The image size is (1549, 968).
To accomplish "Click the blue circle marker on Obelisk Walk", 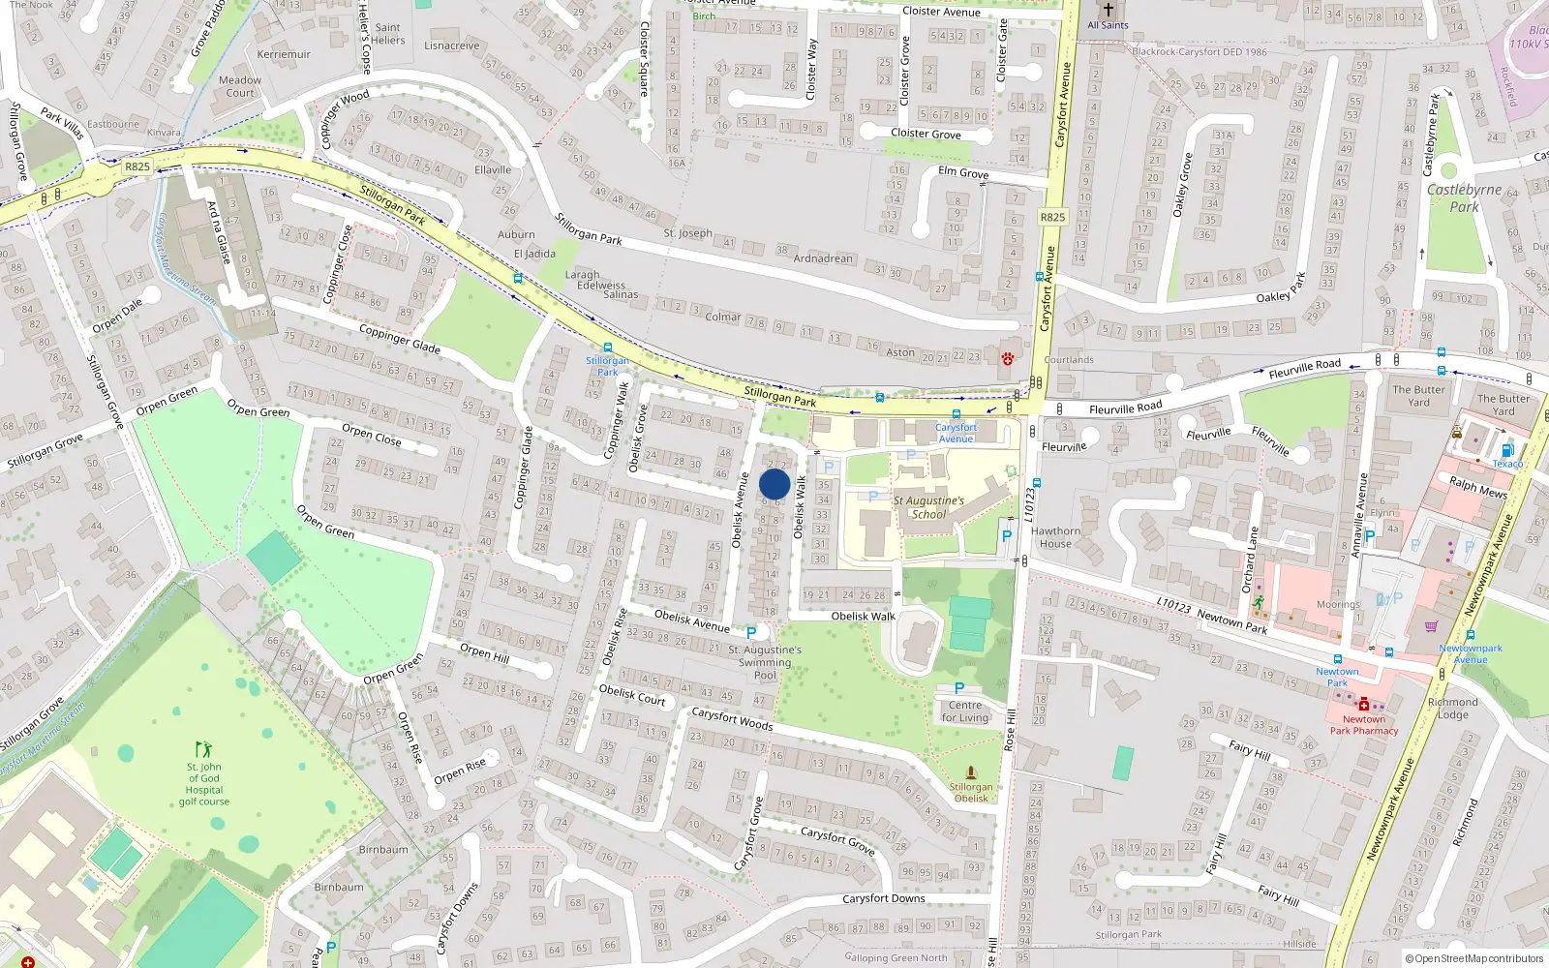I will point(774,484).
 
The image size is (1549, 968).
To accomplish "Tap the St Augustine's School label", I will point(928,507).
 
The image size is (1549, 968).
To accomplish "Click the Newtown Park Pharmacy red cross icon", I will point(1364,704).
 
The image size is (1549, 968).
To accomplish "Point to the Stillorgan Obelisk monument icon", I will point(971,772).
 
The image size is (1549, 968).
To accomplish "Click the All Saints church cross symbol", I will point(1109,10).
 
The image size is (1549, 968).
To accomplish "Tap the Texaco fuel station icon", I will point(1506,450).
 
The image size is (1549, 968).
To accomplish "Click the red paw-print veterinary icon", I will point(1008,358).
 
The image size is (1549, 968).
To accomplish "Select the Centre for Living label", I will point(965,711).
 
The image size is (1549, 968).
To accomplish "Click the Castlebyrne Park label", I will point(1464,197).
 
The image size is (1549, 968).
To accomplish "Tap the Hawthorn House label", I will point(1055,537).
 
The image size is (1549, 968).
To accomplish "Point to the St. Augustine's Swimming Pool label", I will point(765,662).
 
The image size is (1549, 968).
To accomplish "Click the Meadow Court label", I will point(240,87).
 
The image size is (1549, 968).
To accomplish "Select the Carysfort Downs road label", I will point(883,898).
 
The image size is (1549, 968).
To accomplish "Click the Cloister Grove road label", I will point(926,134).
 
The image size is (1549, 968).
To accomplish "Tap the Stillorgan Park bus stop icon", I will point(607,348).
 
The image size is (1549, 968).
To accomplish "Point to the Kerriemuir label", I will point(284,54).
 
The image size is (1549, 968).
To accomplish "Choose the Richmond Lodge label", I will point(1452,709).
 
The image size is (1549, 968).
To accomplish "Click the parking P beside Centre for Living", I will point(959,688).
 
